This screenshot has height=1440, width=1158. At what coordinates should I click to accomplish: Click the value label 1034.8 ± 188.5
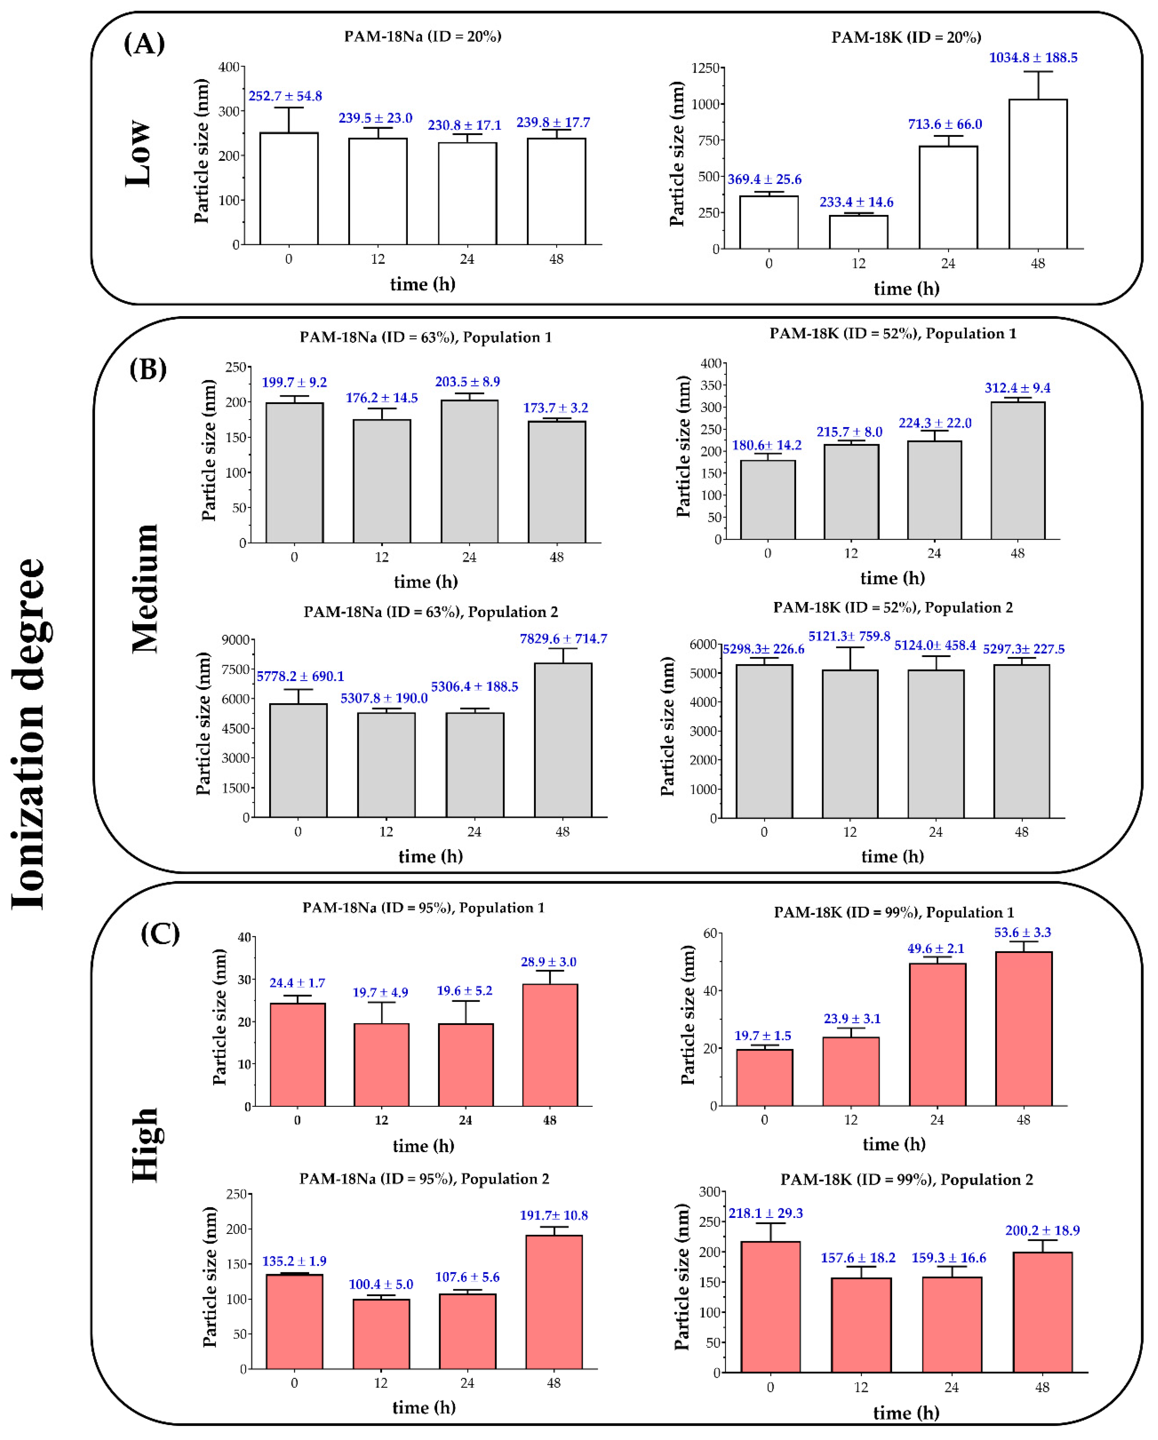point(1032,57)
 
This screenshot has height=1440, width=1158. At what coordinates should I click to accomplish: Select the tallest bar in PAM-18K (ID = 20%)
point(1037,174)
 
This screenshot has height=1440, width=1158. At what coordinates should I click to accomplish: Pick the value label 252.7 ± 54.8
point(285,96)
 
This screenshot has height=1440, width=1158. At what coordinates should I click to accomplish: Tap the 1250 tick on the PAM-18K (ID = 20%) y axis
point(705,68)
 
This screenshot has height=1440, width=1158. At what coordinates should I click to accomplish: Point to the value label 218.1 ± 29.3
point(765,1213)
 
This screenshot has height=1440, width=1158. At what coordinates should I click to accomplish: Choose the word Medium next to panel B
point(145,588)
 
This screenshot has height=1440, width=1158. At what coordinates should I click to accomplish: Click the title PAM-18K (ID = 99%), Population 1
point(893,912)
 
